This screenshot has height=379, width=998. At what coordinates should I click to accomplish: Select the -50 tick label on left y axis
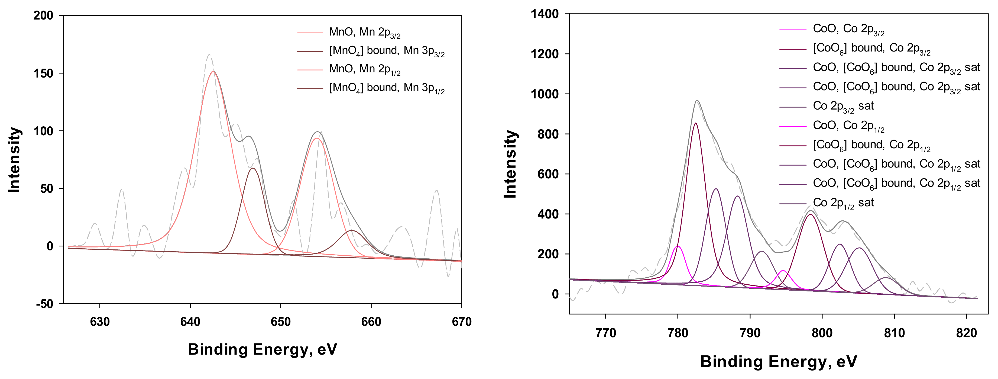coord(44,304)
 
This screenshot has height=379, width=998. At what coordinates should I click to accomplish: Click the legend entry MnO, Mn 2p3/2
coord(364,33)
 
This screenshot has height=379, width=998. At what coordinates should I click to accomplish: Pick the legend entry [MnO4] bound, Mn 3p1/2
coord(386,88)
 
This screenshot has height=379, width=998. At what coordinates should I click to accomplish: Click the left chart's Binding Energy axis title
coord(262,349)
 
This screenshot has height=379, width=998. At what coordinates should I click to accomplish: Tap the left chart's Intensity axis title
coord(14,160)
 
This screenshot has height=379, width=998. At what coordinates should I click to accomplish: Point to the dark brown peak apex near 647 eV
coord(252,168)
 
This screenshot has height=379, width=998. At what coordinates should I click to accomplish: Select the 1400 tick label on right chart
coord(544,14)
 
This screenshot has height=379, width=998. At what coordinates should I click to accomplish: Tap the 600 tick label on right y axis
coord(548,174)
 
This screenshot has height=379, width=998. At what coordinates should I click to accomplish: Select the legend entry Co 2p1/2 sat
coord(843,203)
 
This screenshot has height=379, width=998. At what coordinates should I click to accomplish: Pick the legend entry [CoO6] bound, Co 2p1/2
coord(871,146)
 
